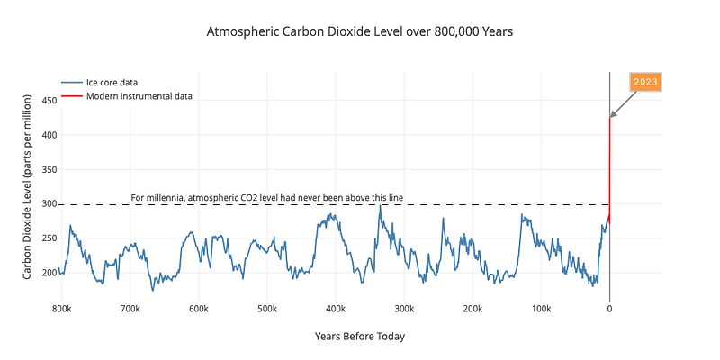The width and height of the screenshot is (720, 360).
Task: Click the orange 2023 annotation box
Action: coord(645,82)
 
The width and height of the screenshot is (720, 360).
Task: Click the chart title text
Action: coord(359,32)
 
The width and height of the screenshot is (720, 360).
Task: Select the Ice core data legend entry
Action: coord(100,83)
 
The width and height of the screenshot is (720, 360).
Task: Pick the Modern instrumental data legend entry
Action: coord(127,96)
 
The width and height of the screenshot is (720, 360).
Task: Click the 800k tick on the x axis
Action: coord(61,308)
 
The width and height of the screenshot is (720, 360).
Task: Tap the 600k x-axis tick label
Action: coord(198,308)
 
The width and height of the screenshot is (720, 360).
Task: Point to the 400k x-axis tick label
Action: coord(336,308)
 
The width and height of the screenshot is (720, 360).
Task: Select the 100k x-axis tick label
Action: coord(542,308)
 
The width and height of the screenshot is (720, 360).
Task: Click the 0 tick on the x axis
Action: coord(610,308)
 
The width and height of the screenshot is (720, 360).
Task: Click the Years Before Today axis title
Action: coord(360,337)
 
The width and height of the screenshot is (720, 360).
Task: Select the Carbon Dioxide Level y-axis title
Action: coord(28,187)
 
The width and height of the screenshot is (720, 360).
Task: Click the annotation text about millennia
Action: coord(267,198)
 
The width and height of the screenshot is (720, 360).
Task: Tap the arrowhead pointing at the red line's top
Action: coord(613,115)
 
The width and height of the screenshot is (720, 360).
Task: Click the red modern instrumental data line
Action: coord(609,170)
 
